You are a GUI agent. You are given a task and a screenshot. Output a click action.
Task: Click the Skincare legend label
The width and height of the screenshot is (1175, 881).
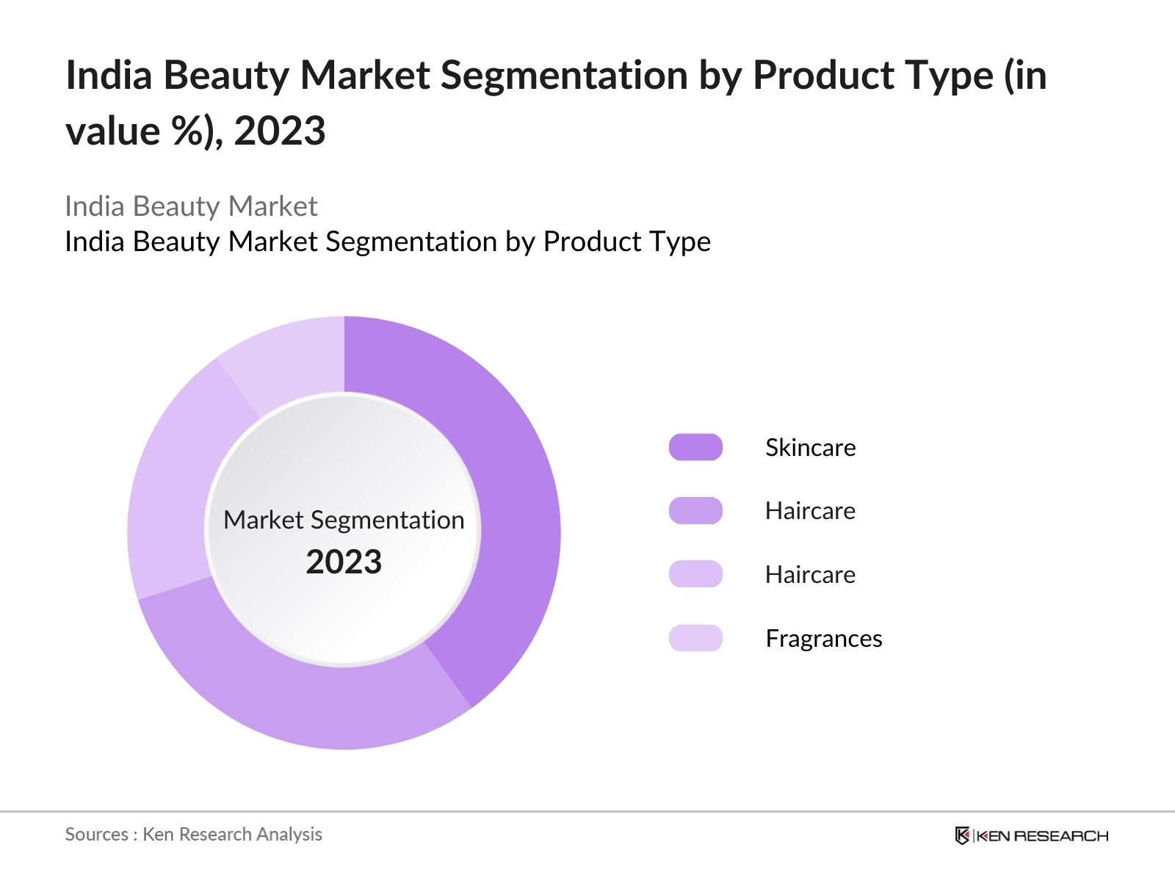[810, 447]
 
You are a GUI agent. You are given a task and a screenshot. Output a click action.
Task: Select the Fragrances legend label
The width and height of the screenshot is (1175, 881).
[823, 638]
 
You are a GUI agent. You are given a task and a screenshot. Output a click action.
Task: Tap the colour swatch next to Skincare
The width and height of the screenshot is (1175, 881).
[695, 447]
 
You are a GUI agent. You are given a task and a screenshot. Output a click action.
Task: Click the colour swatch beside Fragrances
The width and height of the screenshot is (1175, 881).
[695, 638]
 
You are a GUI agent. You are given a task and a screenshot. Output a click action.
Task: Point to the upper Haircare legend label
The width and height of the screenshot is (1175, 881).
[810, 510]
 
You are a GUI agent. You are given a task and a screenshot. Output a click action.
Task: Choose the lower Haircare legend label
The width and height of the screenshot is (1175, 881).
[810, 574]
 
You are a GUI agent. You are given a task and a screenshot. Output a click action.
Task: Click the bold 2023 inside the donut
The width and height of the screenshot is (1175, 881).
[344, 562]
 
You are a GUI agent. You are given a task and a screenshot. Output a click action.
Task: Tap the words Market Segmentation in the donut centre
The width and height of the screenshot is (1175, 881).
[344, 520]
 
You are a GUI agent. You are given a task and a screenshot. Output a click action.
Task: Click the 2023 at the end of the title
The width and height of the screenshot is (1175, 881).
[280, 131]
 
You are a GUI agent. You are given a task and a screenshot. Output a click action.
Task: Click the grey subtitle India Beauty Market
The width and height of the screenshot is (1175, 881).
[191, 206]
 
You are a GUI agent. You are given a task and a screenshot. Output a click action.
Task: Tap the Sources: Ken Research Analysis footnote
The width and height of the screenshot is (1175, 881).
[193, 834]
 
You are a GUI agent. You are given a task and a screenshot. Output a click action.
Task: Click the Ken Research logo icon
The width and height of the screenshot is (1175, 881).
[962, 835]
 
